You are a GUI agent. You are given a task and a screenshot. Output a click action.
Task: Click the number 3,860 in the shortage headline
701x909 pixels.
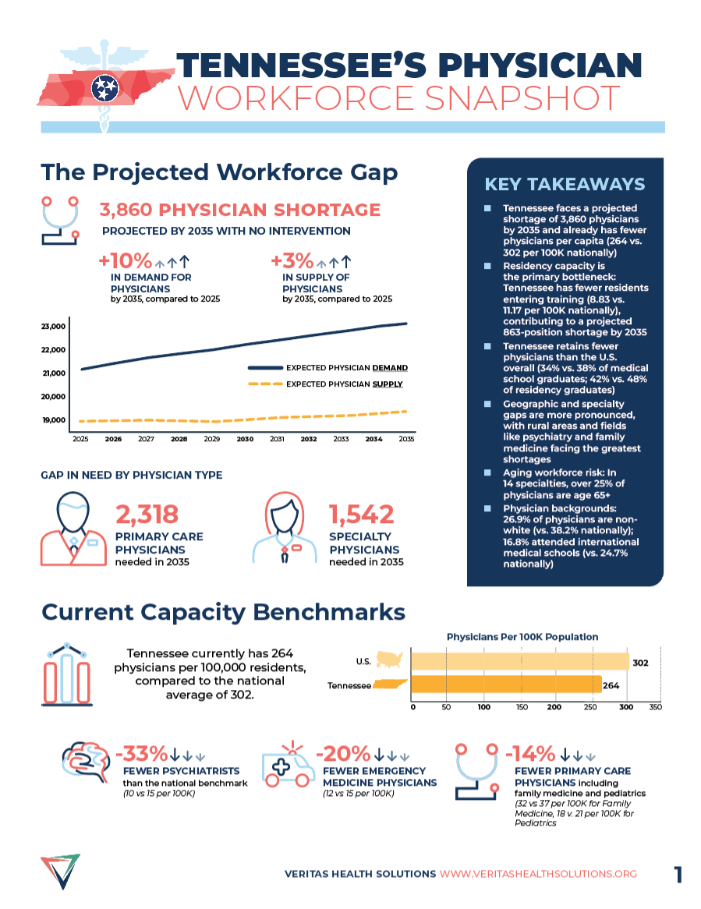coord(126,210)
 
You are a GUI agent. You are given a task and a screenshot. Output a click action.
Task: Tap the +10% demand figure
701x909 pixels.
coord(125,260)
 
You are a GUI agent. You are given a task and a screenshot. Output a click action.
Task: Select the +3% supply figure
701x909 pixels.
coord(292,260)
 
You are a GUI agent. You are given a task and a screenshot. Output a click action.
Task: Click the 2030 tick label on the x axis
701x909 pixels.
coord(245,440)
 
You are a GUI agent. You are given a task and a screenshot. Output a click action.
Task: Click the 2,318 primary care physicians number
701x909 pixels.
coord(147,514)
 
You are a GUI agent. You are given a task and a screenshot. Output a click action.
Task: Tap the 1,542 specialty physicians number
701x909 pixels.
coord(361,514)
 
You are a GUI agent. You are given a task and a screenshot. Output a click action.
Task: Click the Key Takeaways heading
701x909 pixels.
coord(565,185)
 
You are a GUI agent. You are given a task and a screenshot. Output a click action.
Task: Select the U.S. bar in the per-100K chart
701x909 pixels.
coord(519,661)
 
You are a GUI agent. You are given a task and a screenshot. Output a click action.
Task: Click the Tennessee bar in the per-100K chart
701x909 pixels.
coord(505,685)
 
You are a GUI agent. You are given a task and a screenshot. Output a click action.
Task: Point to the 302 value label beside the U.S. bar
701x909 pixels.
coord(640,663)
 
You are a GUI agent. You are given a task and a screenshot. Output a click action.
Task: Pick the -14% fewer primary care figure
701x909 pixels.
coord(530,754)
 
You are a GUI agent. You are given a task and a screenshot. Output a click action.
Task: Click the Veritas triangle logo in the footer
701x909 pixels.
coord(60,871)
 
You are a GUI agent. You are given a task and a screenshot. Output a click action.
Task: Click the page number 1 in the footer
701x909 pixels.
coord(678,875)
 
